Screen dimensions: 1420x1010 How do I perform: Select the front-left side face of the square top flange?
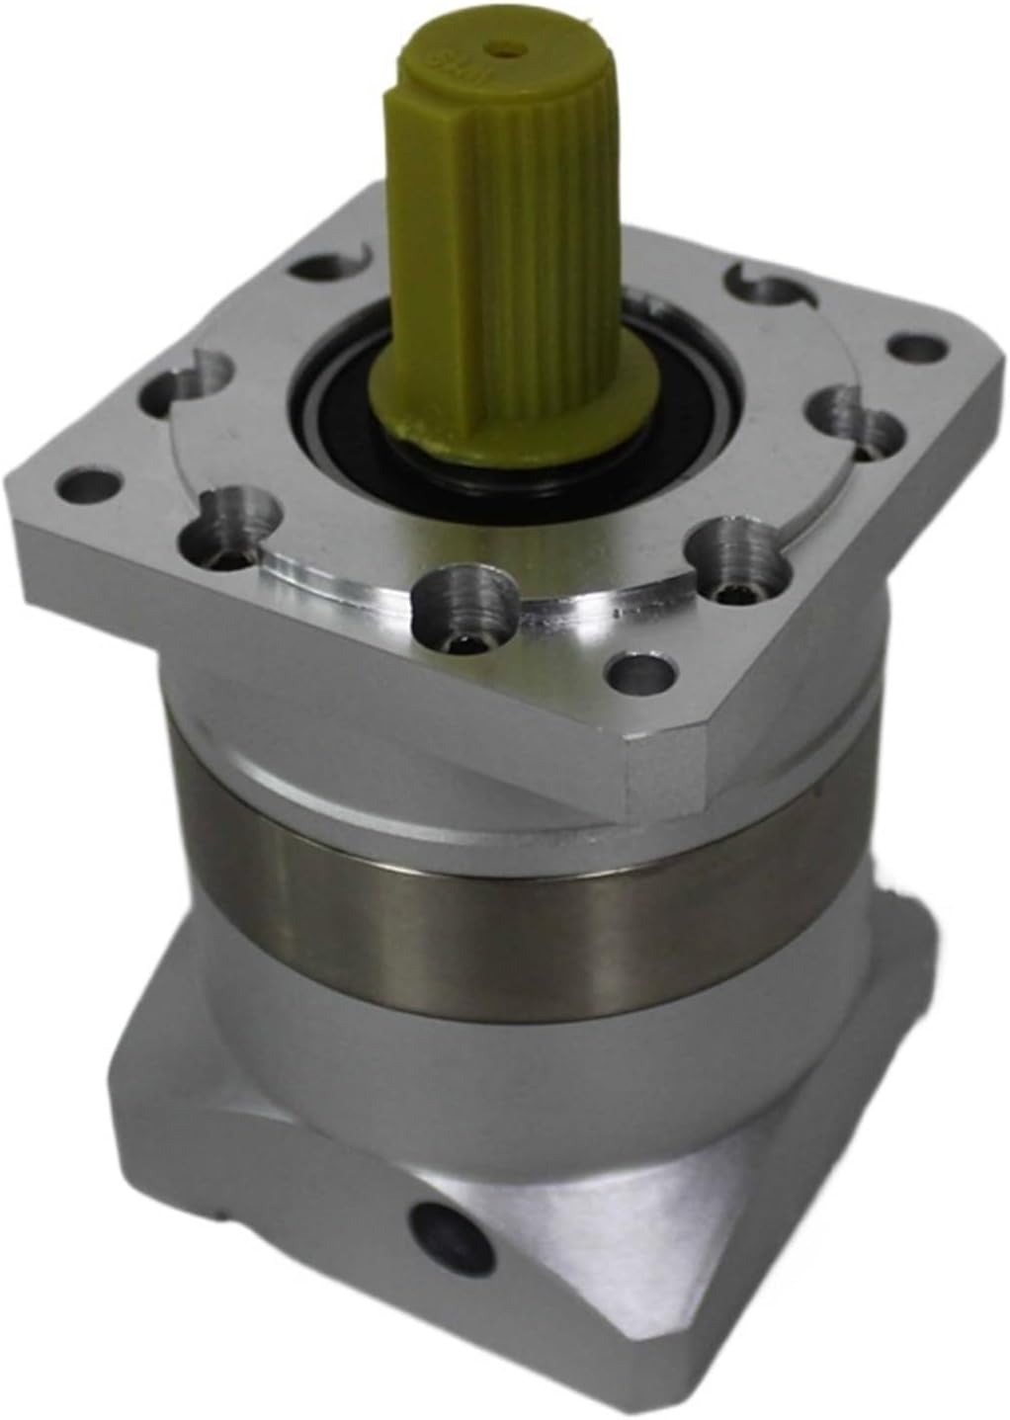[296, 652]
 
